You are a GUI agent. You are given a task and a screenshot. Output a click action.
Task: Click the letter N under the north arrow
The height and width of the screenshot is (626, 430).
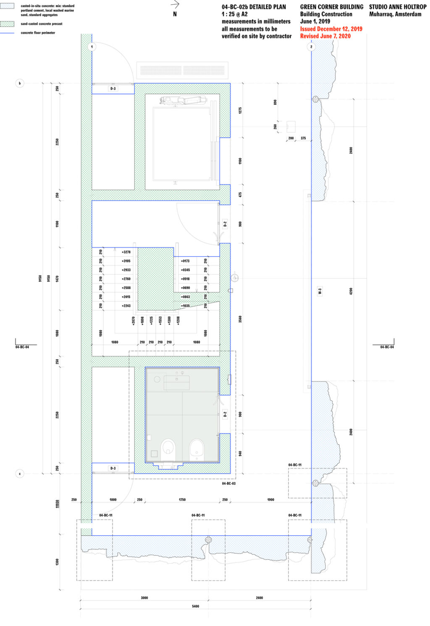(x=175, y=14)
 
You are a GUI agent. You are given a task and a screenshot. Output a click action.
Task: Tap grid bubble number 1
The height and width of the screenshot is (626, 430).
(x=92, y=47)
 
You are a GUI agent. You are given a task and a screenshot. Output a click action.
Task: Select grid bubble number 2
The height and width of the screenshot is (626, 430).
(x=311, y=47)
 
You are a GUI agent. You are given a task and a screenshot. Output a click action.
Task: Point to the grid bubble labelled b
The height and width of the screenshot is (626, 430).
(x=20, y=83)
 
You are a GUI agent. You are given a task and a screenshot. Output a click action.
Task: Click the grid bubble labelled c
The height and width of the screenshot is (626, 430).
(x=20, y=473)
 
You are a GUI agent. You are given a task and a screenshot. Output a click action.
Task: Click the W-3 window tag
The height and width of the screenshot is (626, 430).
(x=320, y=291)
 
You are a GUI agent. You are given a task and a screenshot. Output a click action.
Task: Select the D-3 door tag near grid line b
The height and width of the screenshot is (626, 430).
(x=113, y=89)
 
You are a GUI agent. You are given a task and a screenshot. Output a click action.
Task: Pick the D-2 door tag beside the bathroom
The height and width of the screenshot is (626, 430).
(x=225, y=414)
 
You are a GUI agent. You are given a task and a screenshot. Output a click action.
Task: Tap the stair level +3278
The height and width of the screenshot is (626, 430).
(x=126, y=252)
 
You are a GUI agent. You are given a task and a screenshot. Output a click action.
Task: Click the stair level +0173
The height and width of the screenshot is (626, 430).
(x=185, y=261)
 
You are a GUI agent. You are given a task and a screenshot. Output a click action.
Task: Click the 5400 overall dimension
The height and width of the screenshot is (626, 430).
(x=195, y=606)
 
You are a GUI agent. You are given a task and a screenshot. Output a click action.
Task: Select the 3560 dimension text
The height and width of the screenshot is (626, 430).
(x=240, y=319)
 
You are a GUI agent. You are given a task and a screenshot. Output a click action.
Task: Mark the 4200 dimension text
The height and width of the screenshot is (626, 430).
(x=351, y=291)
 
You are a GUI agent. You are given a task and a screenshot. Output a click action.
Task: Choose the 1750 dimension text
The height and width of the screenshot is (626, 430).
(x=182, y=500)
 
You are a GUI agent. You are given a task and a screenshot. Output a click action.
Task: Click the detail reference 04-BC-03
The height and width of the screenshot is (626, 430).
(x=229, y=484)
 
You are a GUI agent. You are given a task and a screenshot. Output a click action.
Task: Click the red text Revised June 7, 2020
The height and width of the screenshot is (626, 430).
(x=325, y=36)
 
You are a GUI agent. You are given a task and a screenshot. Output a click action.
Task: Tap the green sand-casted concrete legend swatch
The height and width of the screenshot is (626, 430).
(x=7, y=24)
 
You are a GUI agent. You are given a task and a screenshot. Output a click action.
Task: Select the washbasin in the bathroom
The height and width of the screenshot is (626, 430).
(x=176, y=383)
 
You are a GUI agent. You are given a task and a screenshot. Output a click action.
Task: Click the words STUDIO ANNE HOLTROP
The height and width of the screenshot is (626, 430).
(x=397, y=7)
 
